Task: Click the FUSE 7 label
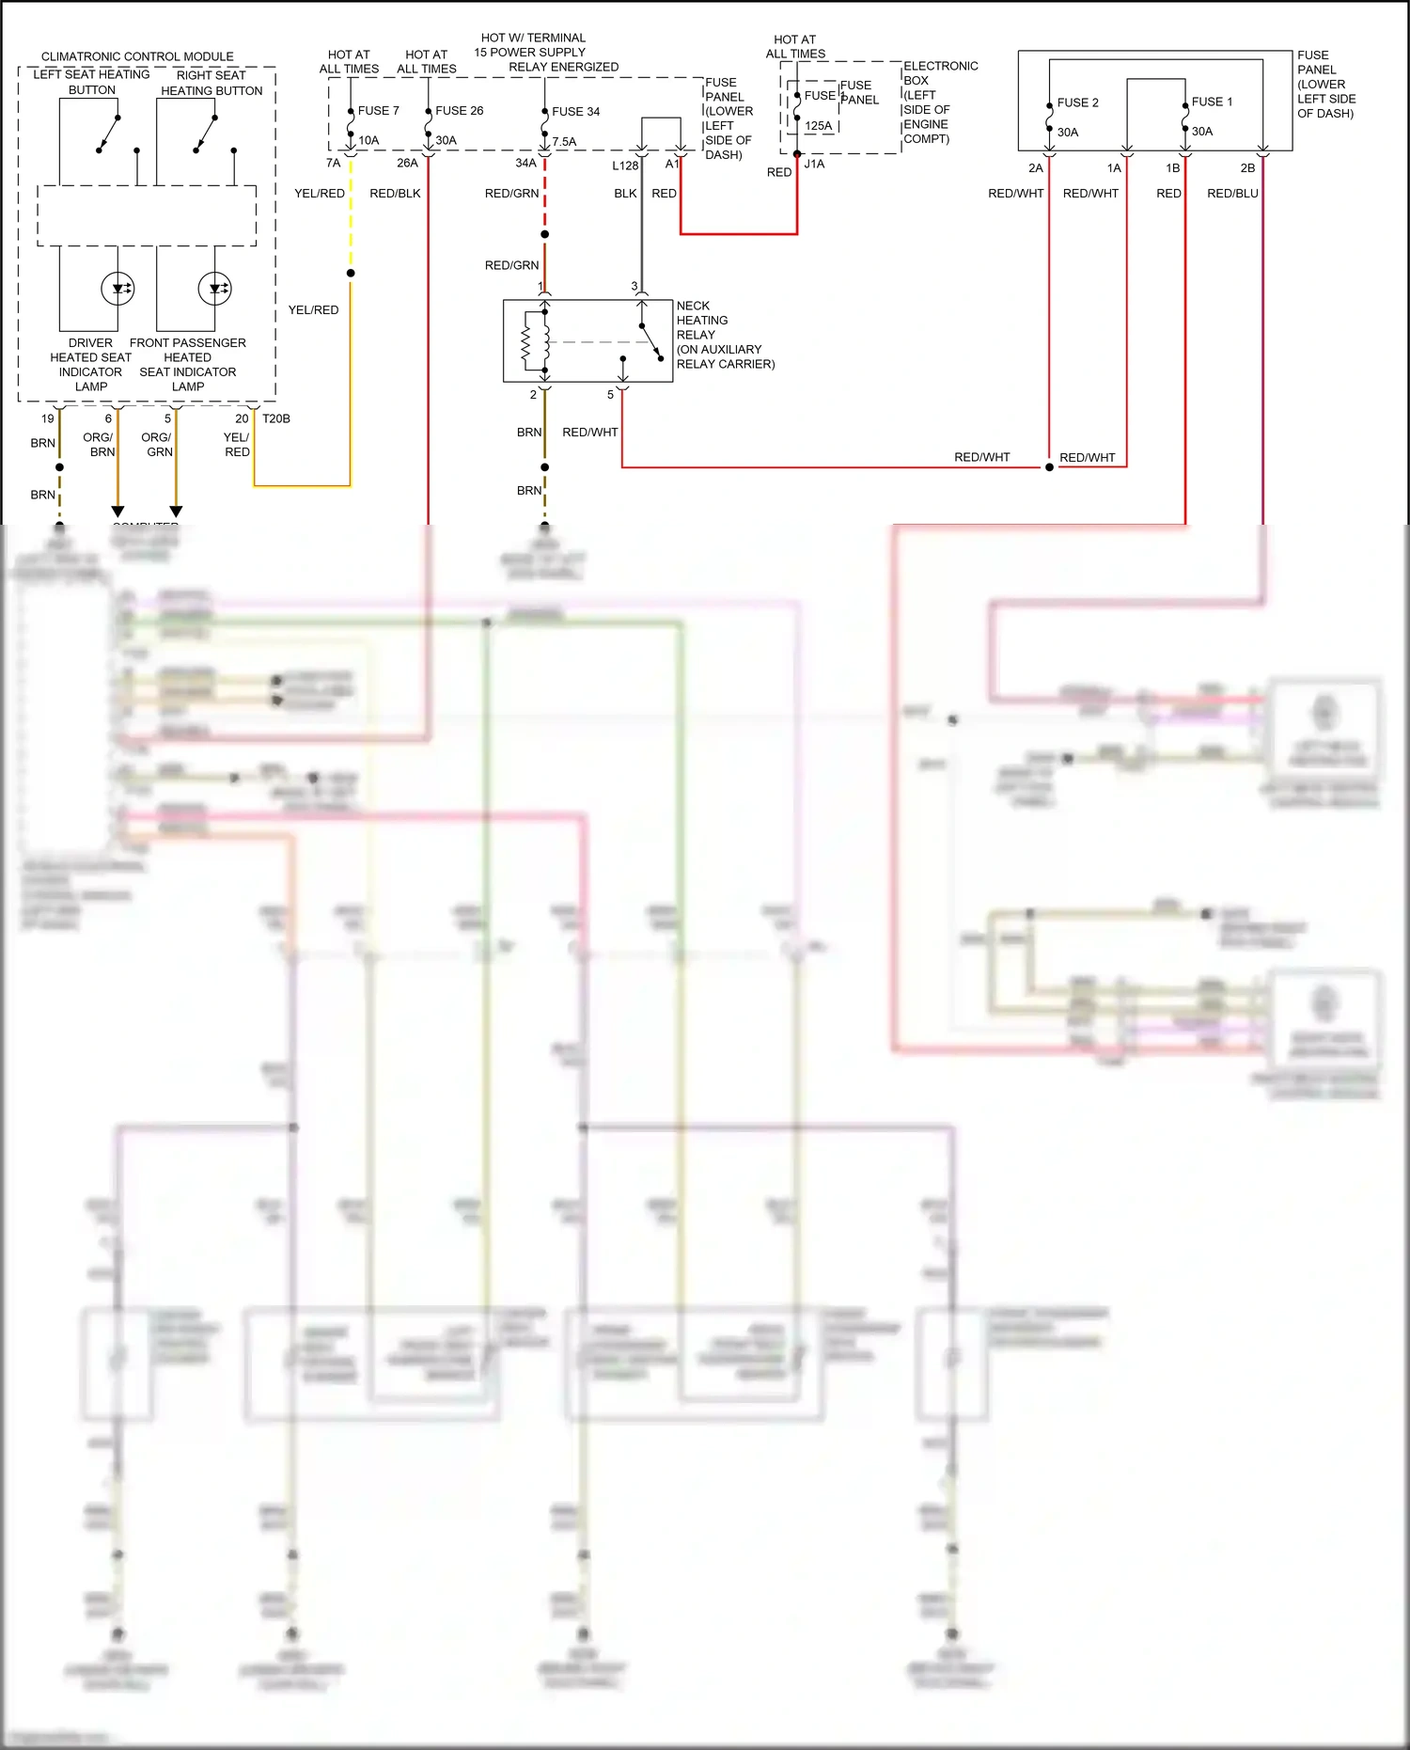coord(378,110)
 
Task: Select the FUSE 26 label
coord(459,110)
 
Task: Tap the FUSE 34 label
coord(575,111)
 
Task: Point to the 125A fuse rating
coord(818,125)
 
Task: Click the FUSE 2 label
coord(1077,102)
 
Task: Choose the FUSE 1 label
coord(1212,102)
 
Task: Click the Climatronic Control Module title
coord(137,56)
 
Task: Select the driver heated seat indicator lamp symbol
coord(118,289)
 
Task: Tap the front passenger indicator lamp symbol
coord(214,289)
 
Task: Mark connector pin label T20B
coord(276,418)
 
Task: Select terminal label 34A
coord(525,163)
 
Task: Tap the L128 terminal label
coord(625,166)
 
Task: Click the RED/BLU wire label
coord(1231,193)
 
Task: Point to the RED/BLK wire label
coord(395,193)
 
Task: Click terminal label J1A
coord(814,164)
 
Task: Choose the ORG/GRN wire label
coord(158,444)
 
